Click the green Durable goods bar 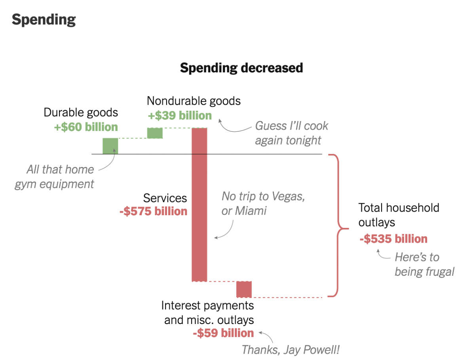tap(110, 146)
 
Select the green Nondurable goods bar tap(155, 133)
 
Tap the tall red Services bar tap(199, 204)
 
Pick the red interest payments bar tap(244, 289)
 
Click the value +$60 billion tap(86, 127)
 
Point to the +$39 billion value tap(180, 116)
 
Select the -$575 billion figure tap(153, 211)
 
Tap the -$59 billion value tap(223, 333)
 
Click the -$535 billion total tap(393, 239)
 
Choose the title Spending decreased tap(241, 68)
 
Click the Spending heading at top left tap(44, 19)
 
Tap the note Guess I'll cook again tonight tap(292, 133)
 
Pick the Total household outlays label tap(399, 215)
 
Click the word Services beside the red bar tap(165, 198)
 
